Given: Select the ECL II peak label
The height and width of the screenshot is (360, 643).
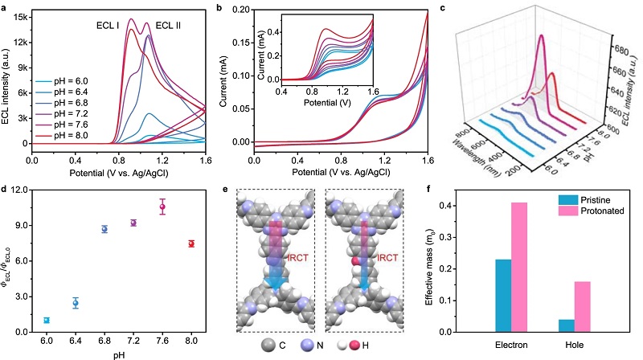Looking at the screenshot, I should tap(167, 24).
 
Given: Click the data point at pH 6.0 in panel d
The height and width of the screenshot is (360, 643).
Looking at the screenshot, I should tap(47, 320).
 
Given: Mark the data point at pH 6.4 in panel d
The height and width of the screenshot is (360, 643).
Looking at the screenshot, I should tap(76, 303).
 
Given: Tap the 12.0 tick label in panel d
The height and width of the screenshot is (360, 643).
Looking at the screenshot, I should tap(19, 190).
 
